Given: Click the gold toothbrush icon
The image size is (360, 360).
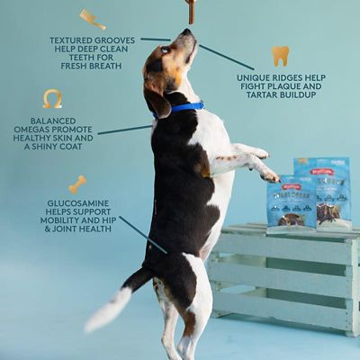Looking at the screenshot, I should point(92,19).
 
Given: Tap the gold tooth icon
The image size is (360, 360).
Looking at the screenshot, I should point(281,56).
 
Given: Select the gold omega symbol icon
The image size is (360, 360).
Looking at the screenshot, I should point(52,98).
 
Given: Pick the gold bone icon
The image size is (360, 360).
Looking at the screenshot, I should point(77,184).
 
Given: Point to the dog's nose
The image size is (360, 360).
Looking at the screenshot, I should point(186,32).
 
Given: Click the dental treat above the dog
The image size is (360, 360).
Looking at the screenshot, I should point(190,10).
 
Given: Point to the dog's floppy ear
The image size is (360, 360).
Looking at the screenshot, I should point(159,99).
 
